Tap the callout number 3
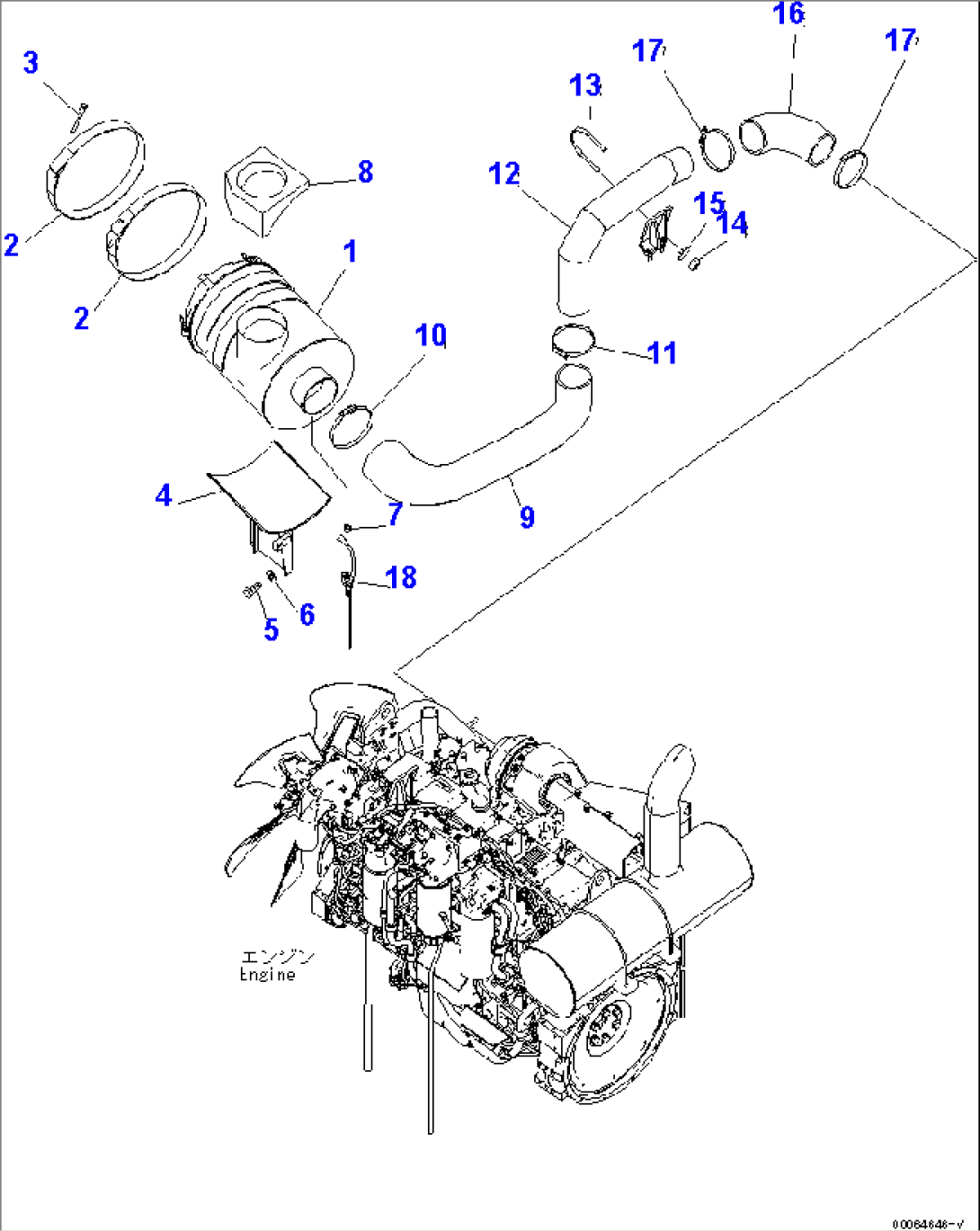point(31,63)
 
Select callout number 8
point(365,171)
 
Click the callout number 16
point(788,14)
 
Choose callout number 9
point(527,516)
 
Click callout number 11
point(663,352)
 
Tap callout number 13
point(585,85)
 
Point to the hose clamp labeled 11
point(573,341)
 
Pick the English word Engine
point(267,975)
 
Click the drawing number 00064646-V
point(932,1224)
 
